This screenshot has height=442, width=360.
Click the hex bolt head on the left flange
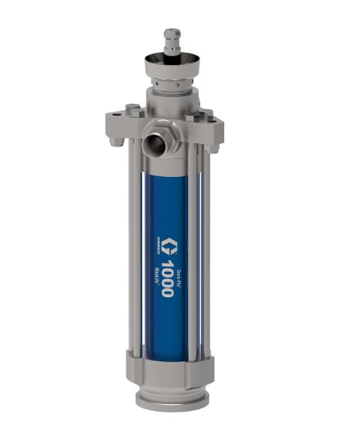tap(133, 112)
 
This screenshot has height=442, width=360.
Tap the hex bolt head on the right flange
tap(209, 114)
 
